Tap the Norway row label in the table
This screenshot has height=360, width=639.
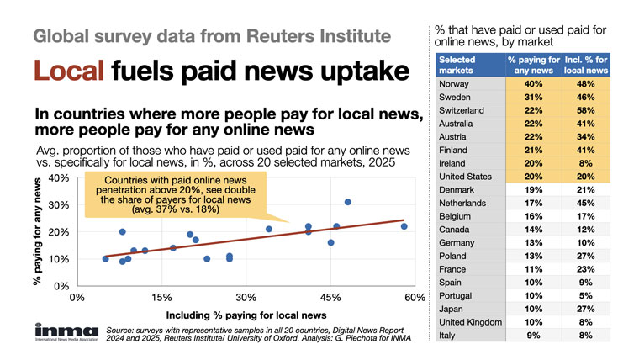click(455, 84)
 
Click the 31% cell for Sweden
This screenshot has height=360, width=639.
click(531, 97)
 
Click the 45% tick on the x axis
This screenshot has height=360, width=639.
click(330, 298)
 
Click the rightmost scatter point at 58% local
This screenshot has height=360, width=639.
click(404, 226)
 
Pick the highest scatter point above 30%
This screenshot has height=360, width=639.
click(347, 202)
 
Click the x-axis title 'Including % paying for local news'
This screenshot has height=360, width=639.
click(247, 314)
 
